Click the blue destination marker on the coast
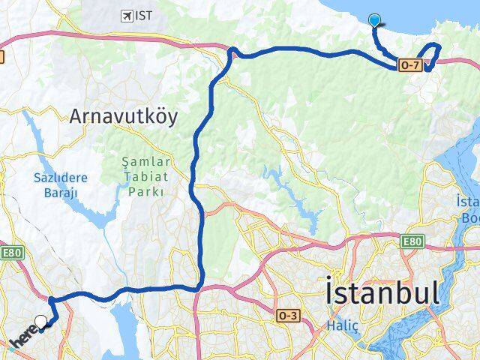[x=375, y=20]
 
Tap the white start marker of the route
[x=41, y=322]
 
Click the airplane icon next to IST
[x=125, y=15]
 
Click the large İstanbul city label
[x=382, y=293]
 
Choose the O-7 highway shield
[x=409, y=66]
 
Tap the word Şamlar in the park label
[x=146, y=161]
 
